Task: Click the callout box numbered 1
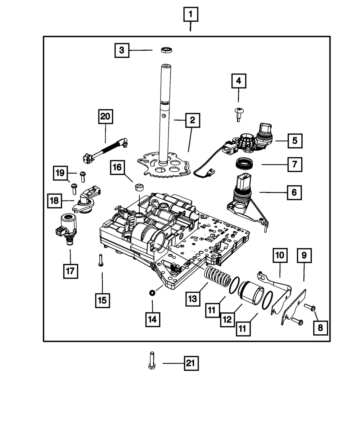190,15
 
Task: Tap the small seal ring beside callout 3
166,50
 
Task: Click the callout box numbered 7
294,165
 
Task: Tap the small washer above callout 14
152,293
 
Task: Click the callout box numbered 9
304,255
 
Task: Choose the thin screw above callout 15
100,260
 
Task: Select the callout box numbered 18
54,200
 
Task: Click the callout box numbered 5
294,140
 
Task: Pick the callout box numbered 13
193,298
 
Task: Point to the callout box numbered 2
193,121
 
